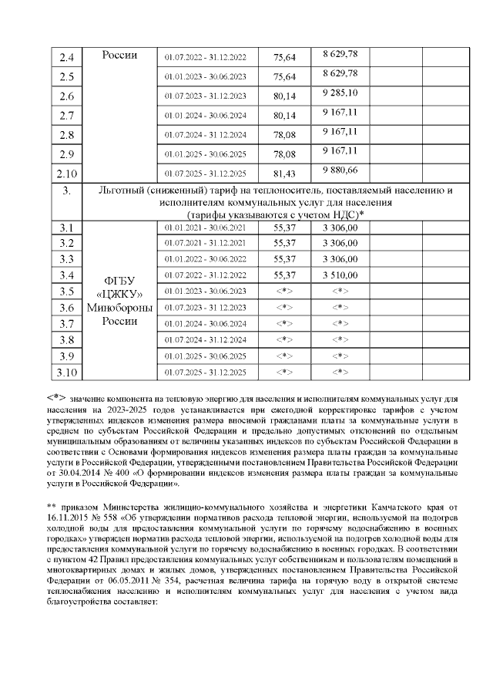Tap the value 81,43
pos(285,174)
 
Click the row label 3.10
pos(67,373)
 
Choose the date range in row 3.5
pos(205,291)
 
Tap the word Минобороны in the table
pos(119,308)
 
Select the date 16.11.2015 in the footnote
pos(69,517)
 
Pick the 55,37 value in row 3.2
pos(285,243)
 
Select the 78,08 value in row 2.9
pos(285,153)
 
